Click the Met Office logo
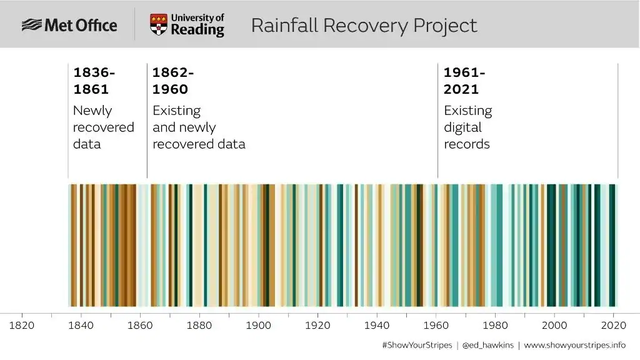pyautogui.click(x=69, y=25)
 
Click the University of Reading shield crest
pyautogui.click(x=159, y=25)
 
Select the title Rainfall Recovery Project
pyautogui.click(x=364, y=26)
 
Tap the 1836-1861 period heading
pyautogui.click(x=94, y=81)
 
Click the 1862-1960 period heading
pyautogui.click(x=173, y=81)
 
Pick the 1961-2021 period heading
pyautogui.click(x=464, y=81)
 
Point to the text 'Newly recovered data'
pyautogui.click(x=103, y=127)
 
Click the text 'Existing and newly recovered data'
pyautogui.click(x=199, y=127)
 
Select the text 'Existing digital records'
pyautogui.click(x=467, y=127)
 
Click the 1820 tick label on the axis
pyautogui.click(x=22, y=326)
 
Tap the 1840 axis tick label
pyautogui.click(x=81, y=326)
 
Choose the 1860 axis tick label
pyautogui.click(x=140, y=326)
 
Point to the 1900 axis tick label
pyautogui.click(x=258, y=326)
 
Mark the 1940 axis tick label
pyautogui.click(x=377, y=326)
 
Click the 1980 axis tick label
pyautogui.click(x=495, y=326)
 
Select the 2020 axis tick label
pyautogui.click(x=613, y=326)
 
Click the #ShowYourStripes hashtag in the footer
pyautogui.click(x=416, y=345)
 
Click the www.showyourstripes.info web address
pyautogui.click(x=574, y=345)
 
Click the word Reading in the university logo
pyautogui.click(x=197, y=30)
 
